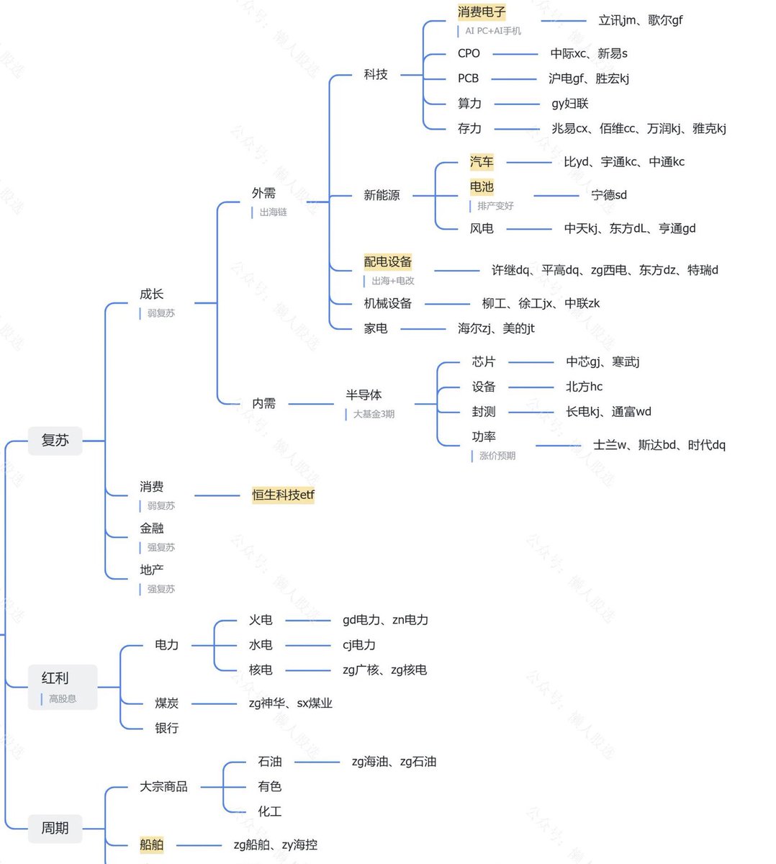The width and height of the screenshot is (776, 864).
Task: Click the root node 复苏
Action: point(55,441)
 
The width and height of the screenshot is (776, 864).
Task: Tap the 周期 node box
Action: point(55,828)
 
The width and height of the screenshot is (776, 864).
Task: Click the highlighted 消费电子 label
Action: point(482,12)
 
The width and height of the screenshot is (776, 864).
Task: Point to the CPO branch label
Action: point(469,53)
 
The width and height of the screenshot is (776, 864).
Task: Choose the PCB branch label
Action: point(468,78)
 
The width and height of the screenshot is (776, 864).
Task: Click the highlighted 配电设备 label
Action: point(388,262)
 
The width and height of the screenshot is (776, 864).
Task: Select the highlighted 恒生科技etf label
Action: point(283,495)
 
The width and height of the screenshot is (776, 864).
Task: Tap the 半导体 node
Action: point(364,395)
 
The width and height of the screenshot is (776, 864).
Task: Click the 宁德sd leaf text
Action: point(609,195)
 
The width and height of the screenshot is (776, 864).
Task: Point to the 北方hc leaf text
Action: point(584,387)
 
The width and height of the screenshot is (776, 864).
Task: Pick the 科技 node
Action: point(376,74)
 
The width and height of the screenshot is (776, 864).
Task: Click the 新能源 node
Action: point(382,195)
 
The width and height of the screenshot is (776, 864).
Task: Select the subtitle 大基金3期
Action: point(374,415)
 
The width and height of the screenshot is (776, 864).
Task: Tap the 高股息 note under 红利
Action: point(63,699)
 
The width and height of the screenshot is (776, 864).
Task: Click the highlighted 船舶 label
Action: point(152,845)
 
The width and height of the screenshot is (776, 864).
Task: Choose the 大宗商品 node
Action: point(163,787)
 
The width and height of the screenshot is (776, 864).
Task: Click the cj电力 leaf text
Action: point(359,645)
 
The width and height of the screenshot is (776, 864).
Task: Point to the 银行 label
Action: point(166,729)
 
